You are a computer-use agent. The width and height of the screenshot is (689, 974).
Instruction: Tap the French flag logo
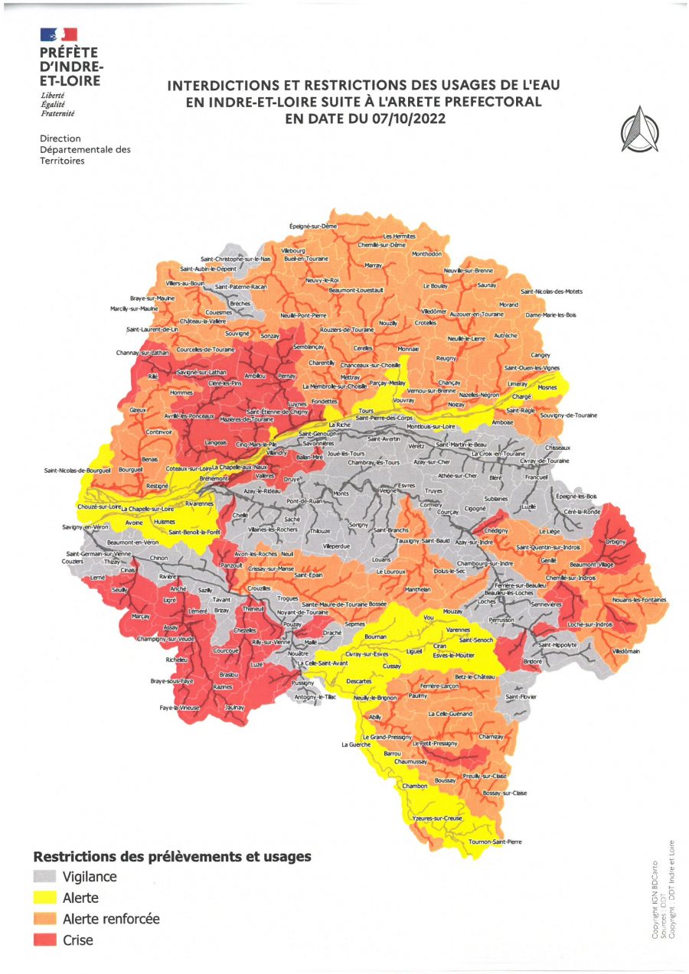[x=59, y=34]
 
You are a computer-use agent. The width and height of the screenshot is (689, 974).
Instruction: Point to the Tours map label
[x=365, y=412]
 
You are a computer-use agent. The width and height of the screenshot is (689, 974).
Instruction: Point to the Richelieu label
[x=176, y=659]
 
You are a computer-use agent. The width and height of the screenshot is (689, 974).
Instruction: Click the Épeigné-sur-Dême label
[x=313, y=226]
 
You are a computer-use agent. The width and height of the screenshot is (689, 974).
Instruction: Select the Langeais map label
[x=215, y=444]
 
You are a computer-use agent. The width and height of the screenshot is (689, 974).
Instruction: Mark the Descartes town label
[x=358, y=680]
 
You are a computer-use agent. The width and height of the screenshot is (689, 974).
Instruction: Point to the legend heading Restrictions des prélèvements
[x=171, y=856]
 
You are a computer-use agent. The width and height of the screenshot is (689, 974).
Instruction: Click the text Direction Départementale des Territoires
[x=85, y=150]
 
